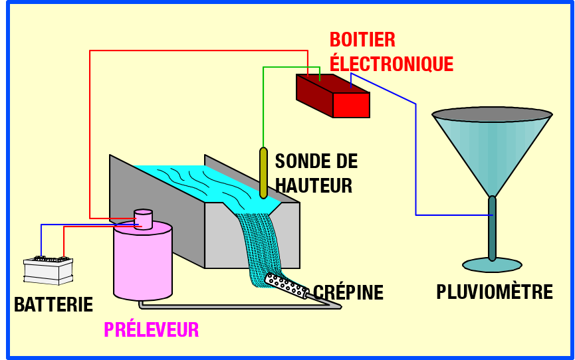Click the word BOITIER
362,40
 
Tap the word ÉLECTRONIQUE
392,64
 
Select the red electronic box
333,96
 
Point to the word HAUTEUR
314,185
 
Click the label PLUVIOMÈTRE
495,292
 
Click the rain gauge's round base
492,265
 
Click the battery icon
48,268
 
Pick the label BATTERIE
53,305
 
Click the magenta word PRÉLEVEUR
151,329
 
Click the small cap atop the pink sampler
143,219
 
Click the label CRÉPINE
348,292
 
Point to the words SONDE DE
316,161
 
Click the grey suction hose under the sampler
233,306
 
